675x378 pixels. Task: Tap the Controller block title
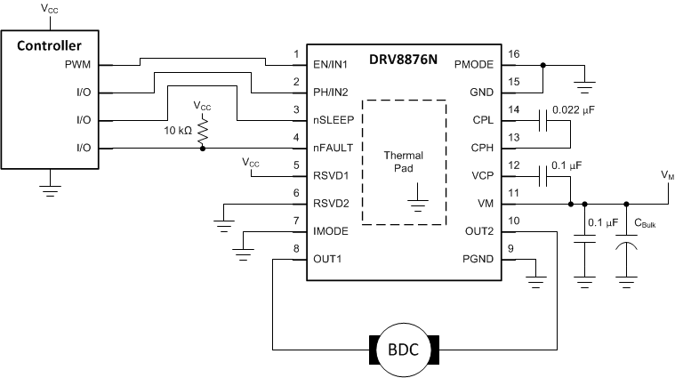tap(50, 45)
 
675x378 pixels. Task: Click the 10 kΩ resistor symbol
tap(203, 132)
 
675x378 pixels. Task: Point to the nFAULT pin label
tap(334, 148)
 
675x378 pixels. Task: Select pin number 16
tap(513, 54)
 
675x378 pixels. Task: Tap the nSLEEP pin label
tap(336, 120)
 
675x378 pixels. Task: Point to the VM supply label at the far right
tap(667, 175)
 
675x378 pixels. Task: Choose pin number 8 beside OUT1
tap(295, 248)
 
